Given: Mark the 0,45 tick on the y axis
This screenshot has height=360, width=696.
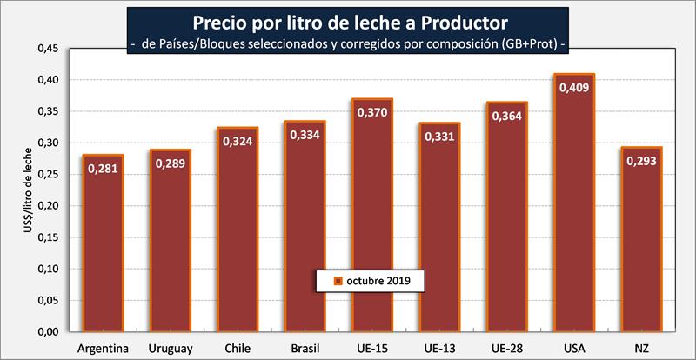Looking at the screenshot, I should [x=49, y=49].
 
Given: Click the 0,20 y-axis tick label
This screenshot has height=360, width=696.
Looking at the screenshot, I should [x=49, y=206].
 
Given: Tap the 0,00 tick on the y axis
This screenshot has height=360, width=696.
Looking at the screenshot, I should [x=49, y=332].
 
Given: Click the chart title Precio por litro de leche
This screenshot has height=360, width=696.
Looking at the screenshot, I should [x=348, y=20].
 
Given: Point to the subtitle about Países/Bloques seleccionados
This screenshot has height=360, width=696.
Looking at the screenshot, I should [x=348, y=43].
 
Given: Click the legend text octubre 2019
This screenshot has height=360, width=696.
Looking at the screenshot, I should [x=378, y=281].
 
